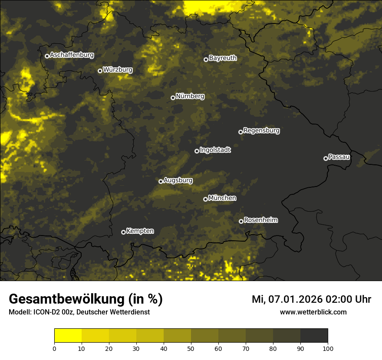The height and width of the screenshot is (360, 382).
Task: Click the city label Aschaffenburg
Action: tap(72, 55)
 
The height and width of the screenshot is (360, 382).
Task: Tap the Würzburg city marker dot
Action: tap(100, 71)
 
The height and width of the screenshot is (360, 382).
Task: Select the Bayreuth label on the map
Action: tap(223, 58)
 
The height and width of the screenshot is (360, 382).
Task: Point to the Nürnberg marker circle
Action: tap(173, 98)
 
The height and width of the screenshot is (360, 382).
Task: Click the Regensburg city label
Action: tap(261, 131)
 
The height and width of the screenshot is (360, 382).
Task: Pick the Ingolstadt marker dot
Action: tap(197, 151)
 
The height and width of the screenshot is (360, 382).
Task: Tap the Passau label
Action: tap(339, 157)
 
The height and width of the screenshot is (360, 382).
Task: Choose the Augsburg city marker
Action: tap(161, 181)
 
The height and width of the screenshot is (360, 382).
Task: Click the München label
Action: tap(222, 198)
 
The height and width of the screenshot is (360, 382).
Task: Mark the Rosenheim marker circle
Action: tap(241, 221)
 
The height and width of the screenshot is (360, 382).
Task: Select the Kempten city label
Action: tap(140, 231)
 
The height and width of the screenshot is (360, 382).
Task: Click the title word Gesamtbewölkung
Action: tap(67, 299)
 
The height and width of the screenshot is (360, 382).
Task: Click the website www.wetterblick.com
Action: tap(313, 312)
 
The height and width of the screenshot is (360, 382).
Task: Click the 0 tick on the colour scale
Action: tap(54, 348)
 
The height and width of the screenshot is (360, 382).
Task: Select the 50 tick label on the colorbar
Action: tap(191, 348)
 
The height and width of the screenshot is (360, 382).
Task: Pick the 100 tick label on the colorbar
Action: tap(328, 348)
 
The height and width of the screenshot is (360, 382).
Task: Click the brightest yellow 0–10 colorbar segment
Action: tap(68, 336)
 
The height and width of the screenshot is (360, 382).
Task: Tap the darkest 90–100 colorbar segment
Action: tap(314, 336)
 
